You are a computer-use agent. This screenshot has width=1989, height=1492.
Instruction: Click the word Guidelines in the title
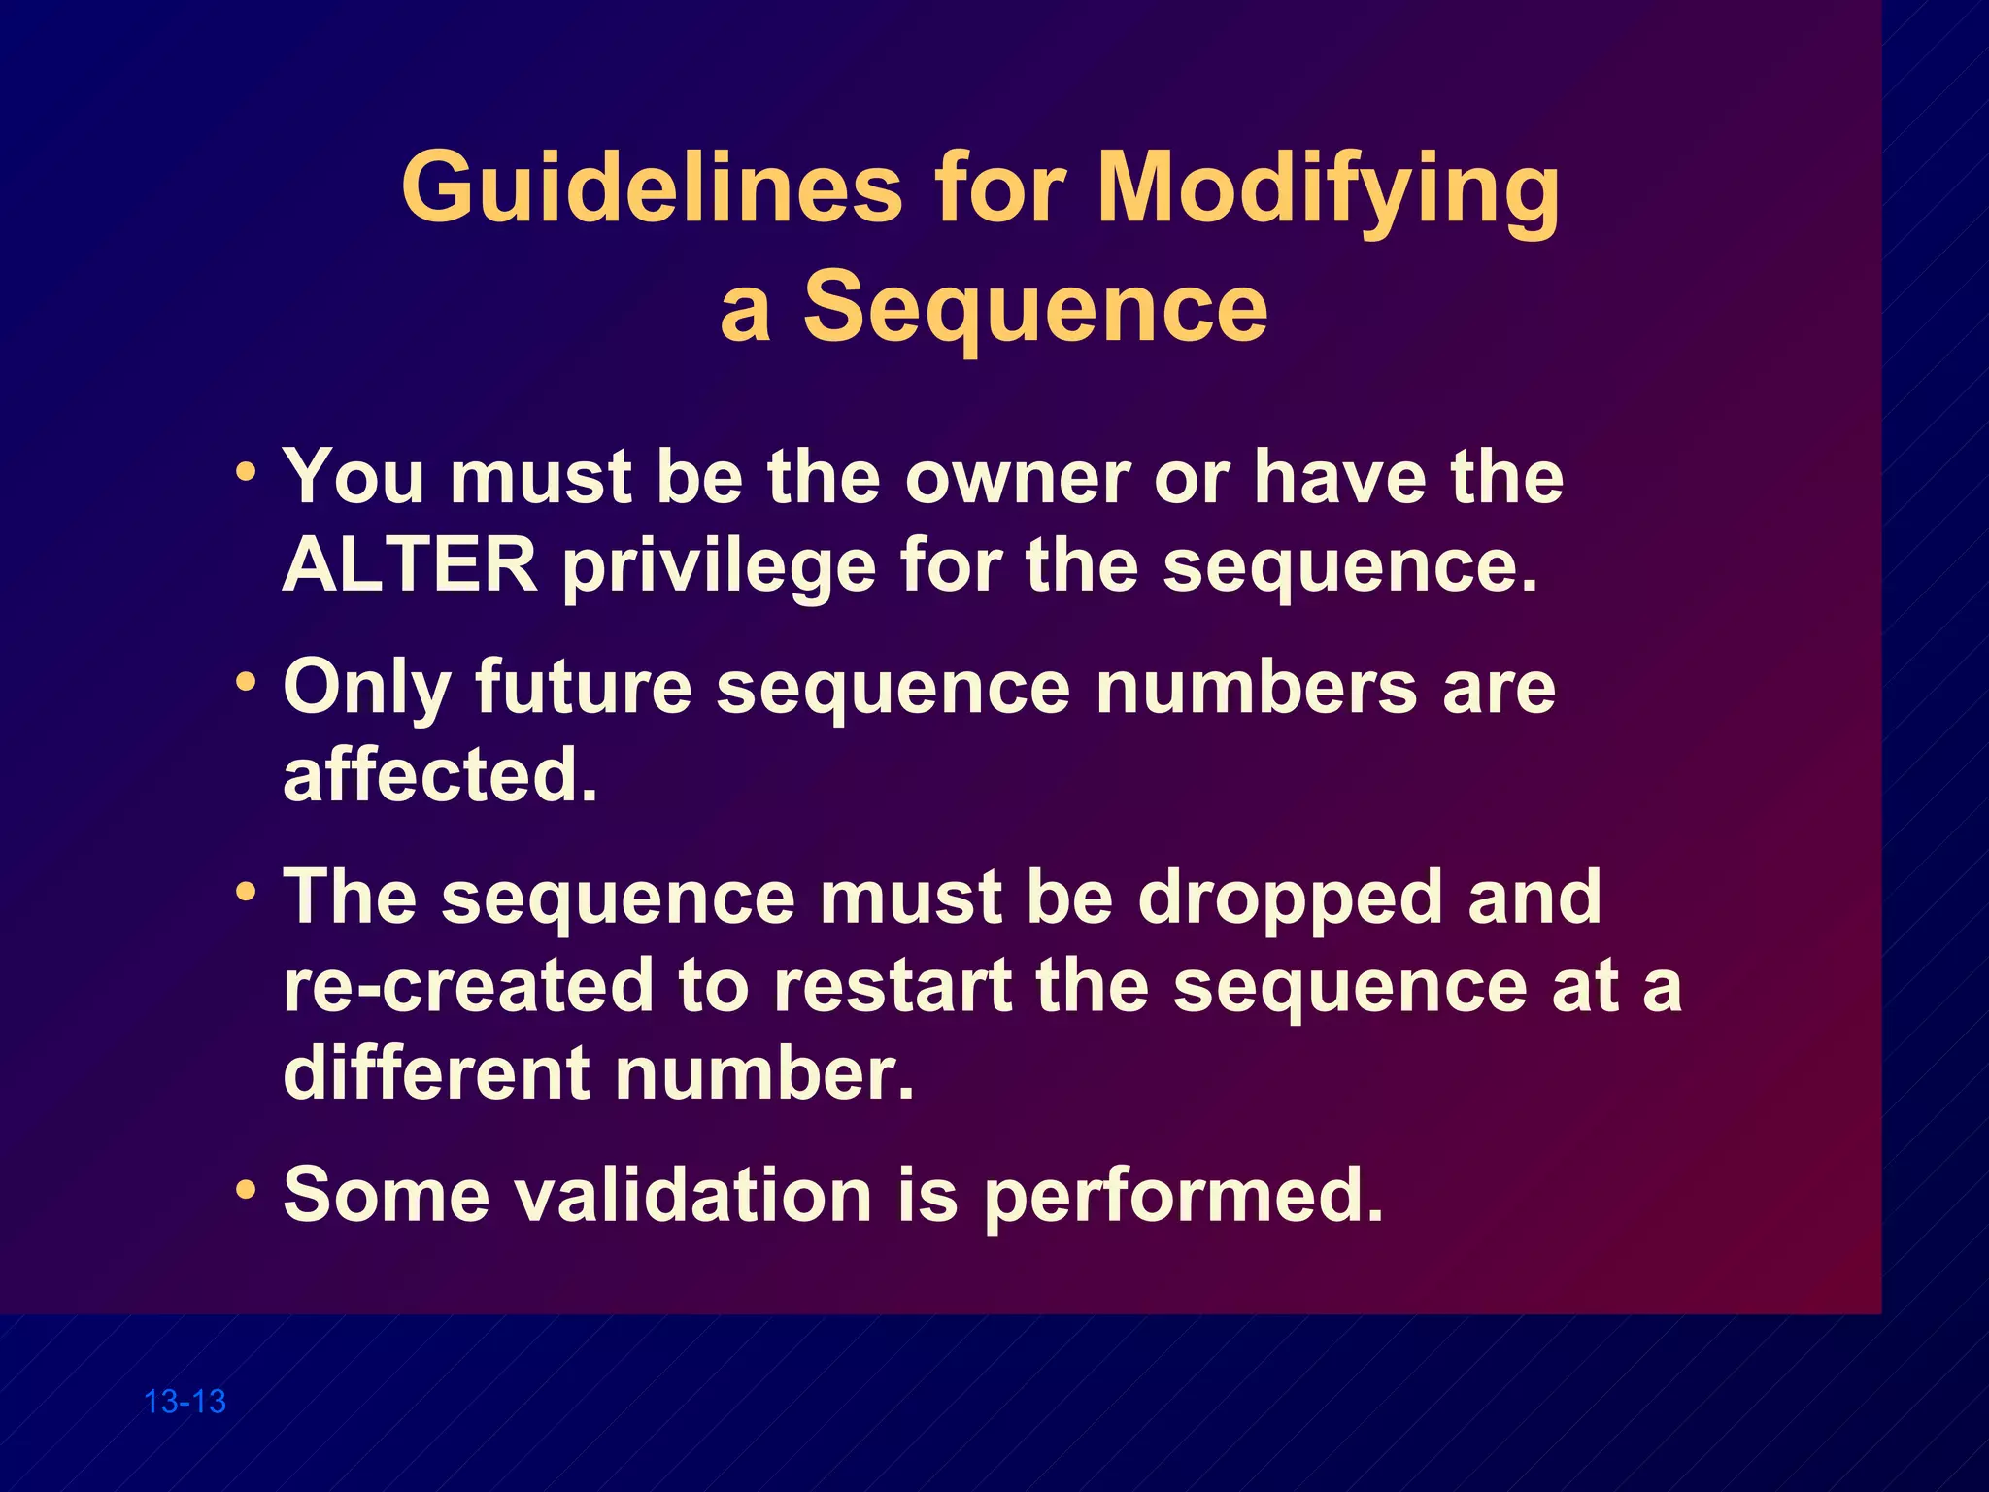pyautogui.click(x=652, y=186)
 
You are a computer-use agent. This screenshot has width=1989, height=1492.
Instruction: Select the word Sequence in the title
pyautogui.click(x=1035, y=307)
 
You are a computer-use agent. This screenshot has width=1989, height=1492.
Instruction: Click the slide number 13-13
pyautogui.click(x=185, y=1402)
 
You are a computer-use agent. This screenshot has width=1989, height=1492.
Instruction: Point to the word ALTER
pyautogui.click(x=409, y=565)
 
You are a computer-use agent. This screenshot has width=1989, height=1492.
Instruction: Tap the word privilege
pyautogui.click(x=720, y=567)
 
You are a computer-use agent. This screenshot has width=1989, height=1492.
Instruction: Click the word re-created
pyautogui.click(x=468, y=985)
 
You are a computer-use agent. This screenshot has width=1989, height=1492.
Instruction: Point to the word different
pyautogui.click(x=436, y=1073)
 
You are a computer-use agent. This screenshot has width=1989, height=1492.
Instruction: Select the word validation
pyautogui.click(x=692, y=1195)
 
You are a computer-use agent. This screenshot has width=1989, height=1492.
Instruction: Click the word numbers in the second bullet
pyautogui.click(x=1257, y=688)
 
